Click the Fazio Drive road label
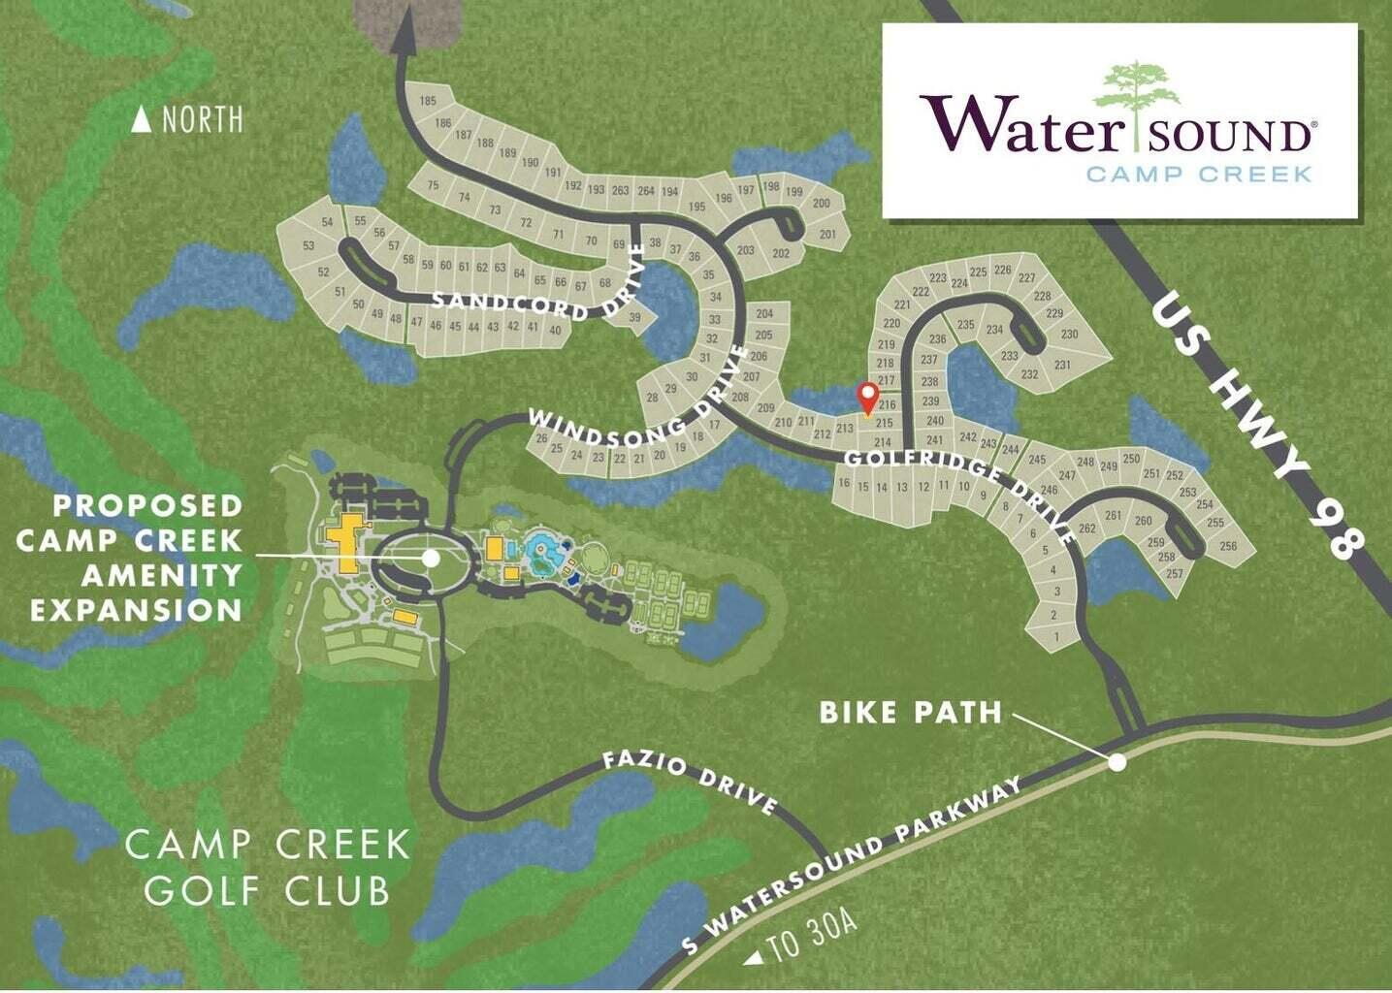[x=690, y=781]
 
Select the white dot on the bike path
[x=1117, y=762]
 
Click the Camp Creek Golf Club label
[x=268, y=865]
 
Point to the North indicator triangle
[x=142, y=119]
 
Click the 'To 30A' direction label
[x=802, y=944]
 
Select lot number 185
[x=428, y=101]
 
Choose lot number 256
[x=1228, y=546]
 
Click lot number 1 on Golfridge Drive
[x=1056, y=637]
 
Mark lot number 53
[x=308, y=246]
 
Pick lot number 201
[x=827, y=234]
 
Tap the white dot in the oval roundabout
[x=431, y=558]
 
